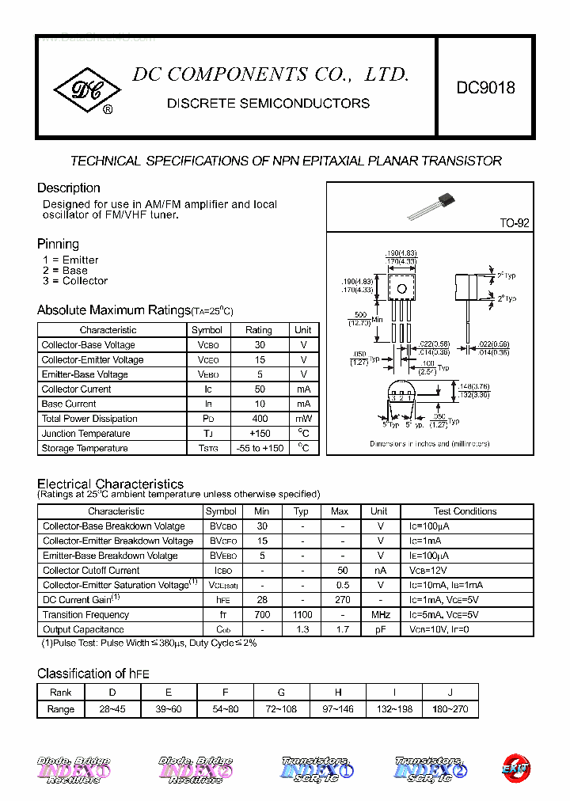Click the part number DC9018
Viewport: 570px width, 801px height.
(x=485, y=88)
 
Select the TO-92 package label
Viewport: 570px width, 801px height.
(x=514, y=223)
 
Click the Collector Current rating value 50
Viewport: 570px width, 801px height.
(x=259, y=389)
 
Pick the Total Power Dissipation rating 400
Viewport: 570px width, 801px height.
(x=259, y=419)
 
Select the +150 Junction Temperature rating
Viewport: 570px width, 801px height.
(x=259, y=434)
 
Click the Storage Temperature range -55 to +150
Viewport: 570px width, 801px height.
(x=259, y=448)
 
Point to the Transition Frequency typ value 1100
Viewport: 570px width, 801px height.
(x=302, y=614)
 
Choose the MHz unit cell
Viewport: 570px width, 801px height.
(x=380, y=614)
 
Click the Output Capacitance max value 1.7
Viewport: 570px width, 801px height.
(x=341, y=629)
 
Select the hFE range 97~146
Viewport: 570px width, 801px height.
(x=338, y=709)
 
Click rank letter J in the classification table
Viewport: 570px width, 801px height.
(x=450, y=692)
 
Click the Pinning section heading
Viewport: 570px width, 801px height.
(x=58, y=244)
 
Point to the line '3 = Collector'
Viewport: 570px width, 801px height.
(x=75, y=281)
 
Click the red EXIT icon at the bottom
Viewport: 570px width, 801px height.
(x=516, y=768)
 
